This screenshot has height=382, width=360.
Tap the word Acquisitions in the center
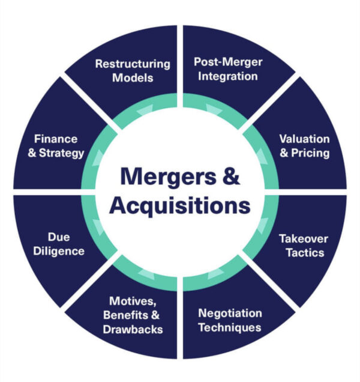click(x=180, y=205)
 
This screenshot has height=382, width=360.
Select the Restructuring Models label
click(x=133, y=70)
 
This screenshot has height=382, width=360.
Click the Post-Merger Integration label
click(x=226, y=69)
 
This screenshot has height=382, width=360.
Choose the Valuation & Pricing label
click(x=304, y=145)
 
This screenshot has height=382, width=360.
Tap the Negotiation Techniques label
click(x=230, y=320)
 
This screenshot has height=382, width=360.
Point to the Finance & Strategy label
click(x=58, y=146)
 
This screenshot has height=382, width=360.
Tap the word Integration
click(x=226, y=76)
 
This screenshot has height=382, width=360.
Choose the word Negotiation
click(x=230, y=313)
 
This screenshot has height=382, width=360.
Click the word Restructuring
click(x=133, y=63)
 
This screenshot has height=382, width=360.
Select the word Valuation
click(x=304, y=138)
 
